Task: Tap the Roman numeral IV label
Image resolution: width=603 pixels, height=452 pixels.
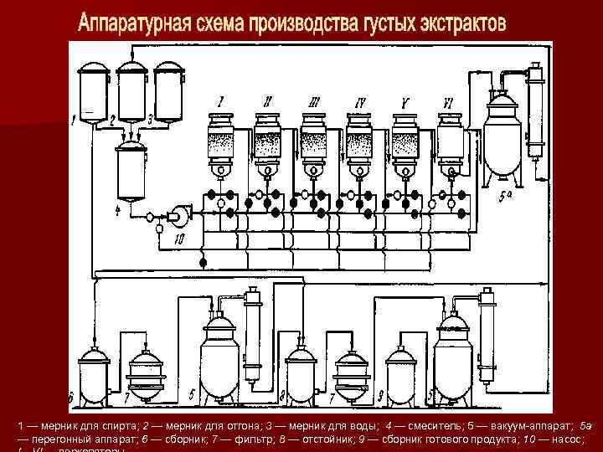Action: [361, 103]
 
